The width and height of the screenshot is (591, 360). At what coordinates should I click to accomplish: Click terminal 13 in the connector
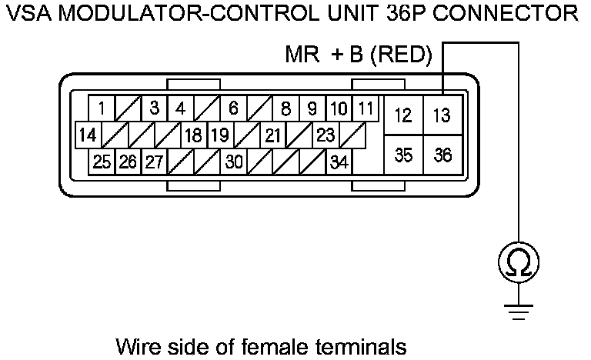[x=442, y=116]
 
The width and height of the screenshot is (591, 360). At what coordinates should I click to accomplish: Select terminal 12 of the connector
[x=402, y=116]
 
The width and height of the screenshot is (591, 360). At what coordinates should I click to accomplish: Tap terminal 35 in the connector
[x=402, y=155]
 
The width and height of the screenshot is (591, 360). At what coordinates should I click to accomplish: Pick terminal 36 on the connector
[x=442, y=155]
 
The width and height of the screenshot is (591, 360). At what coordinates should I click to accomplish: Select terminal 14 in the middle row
[x=88, y=135]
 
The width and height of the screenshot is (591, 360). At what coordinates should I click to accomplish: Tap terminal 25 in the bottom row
[x=102, y=162]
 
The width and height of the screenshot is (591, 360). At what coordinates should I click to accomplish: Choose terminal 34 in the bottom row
[x=338, y=162]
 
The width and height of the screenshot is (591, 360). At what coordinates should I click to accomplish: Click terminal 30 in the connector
[x=233, y=162]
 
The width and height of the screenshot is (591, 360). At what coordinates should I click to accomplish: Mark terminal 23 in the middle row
[x=326, y=135]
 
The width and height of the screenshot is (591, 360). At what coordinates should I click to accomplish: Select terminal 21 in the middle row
[x=272, y=135]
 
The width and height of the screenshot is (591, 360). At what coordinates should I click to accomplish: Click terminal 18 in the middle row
[x=193, y=135]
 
